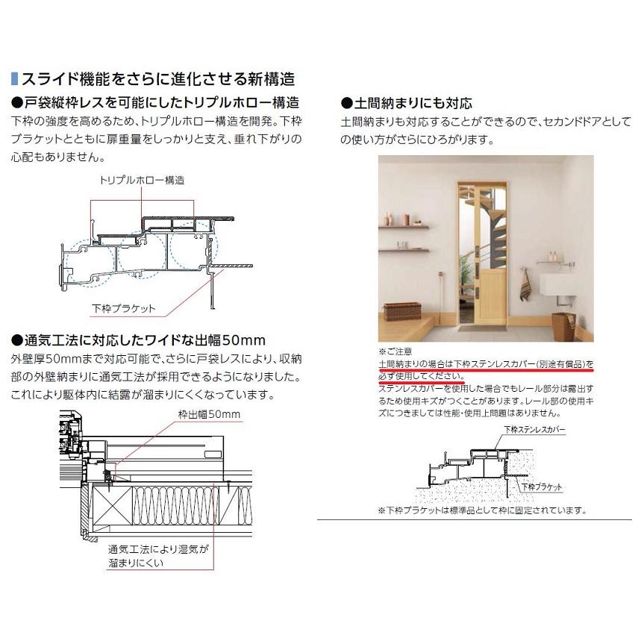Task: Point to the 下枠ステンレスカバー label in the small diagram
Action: (x=534, y=431)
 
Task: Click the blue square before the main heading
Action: (x=14, y=78)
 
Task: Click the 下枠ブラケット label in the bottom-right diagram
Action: (x=541, y=487)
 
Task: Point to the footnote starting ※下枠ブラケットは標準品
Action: (x=482, y=511)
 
